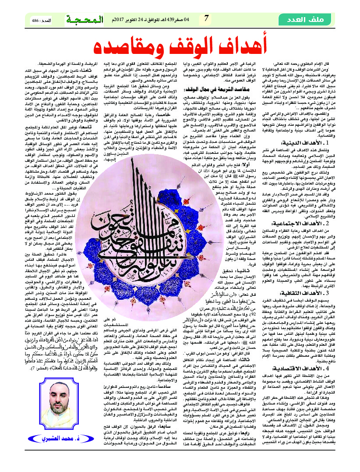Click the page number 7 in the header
pyautogui.click(x=206, y=19)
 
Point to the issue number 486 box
pyautogui.click(x=41, y=20)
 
